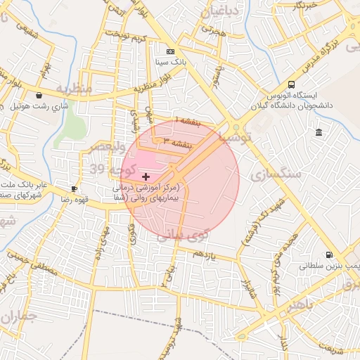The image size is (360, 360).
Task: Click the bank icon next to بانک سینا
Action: point(169,52)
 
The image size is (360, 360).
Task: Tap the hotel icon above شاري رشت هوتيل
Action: point(38,96)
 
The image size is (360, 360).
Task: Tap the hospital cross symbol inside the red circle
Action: point(146,176)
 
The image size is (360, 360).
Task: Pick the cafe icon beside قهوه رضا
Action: point(75,189)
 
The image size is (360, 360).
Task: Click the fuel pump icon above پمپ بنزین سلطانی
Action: point(328,255)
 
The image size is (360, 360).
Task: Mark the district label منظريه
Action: point(74,89)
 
